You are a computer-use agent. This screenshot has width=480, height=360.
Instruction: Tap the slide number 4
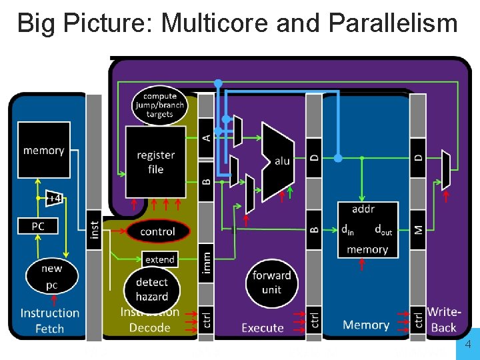tap(468, 345)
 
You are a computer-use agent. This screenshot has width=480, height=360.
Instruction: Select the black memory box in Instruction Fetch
tap(43, 150)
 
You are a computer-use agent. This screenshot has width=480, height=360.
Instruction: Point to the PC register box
tap(38, 227)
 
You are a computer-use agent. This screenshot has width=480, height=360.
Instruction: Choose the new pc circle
tap(51, 276)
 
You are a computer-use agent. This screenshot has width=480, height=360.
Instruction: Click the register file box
tap(155, 162)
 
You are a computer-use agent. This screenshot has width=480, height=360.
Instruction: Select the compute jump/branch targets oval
tap(159, 105)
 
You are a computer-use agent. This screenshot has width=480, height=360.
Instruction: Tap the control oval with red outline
tap(157, 231)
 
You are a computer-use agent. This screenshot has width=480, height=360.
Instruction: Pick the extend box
tap(159, 259)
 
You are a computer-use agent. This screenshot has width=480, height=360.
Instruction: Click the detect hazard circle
tap(151, 289)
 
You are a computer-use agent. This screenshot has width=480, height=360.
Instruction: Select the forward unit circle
tap(271, 283)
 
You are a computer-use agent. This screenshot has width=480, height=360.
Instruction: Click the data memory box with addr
tap(367, 229)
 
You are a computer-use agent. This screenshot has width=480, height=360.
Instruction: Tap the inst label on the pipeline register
tap(94, 235)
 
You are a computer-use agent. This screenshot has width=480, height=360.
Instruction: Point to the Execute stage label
tap(262, 327)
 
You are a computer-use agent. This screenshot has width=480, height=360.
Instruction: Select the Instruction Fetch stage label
tap(49, 320)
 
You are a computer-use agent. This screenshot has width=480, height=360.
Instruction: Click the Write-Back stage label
tap(443, 319)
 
